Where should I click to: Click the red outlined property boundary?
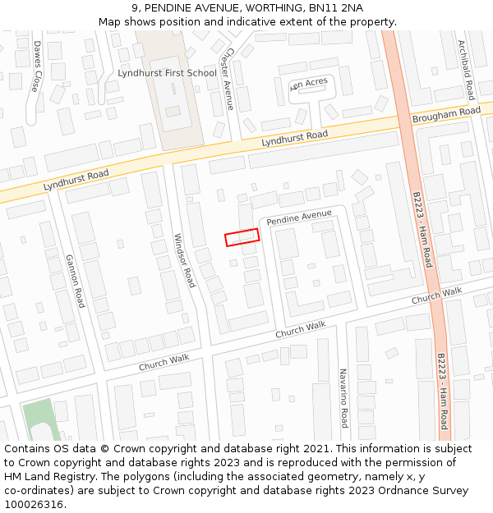[x=242, y=237]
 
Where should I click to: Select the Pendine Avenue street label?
[x=299, y=218]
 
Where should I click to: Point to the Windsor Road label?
[x=184, y=260]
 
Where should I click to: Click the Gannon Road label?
[x=75, y=281]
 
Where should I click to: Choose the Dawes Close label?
[x=37, y=66]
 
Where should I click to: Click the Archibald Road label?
[x=465, y=70]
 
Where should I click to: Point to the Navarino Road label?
[x=343, y=398]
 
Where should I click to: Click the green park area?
[x=37, y=419]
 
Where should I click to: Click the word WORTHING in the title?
[x=256, y=7]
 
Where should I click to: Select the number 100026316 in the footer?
[x=34, y=504]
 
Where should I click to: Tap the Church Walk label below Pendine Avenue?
[x=300, y=330]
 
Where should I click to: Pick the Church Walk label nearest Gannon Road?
[x=164, y=362]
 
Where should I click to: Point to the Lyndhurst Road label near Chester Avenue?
[x=294, y=139]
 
